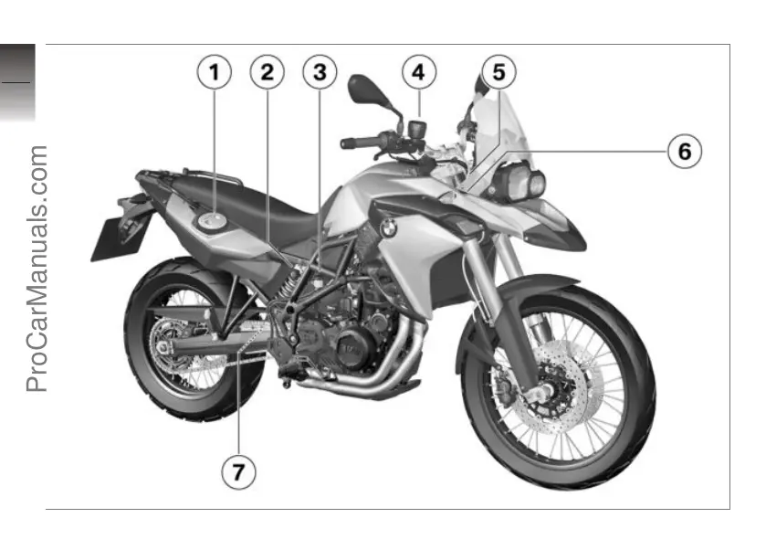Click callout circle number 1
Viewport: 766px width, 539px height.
pos(215,72)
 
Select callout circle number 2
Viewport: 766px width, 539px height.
pos(267,72)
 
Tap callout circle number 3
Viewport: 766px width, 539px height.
pos(319,72)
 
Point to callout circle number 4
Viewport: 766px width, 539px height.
pos(418,72)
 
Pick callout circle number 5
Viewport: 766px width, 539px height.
pos(498,72)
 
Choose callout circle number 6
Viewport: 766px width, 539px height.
pos(684,150)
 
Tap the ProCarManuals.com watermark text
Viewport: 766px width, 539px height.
pos(37,269)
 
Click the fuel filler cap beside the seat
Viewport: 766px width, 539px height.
pos(214,219)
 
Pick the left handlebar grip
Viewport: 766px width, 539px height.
pos(357,143)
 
